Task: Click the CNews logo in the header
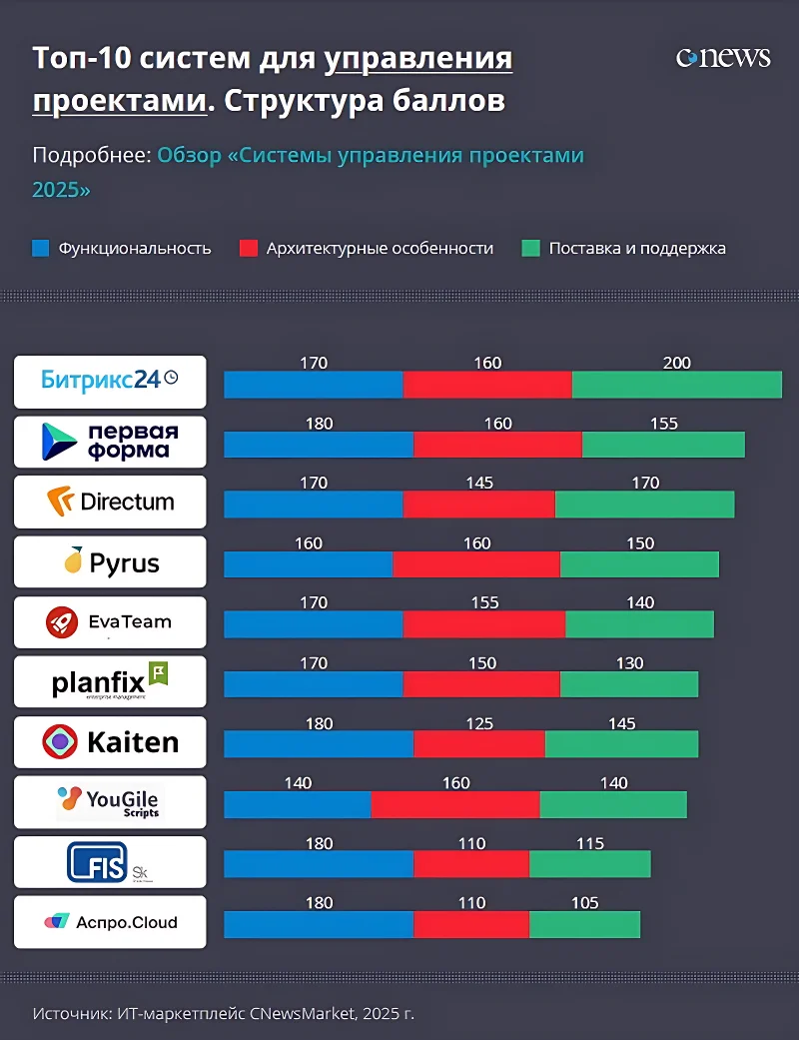tap(723, 58)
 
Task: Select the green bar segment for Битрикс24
tap(676, 385)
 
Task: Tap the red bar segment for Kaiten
tap(479, 744)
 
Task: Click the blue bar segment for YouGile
tap(297, 804)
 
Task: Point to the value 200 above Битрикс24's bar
tap(676, 364)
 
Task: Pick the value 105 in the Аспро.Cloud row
tap(584, 903)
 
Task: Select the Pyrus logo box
tap(110, 562)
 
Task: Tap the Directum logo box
tap(110, 502)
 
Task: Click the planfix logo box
tap(110, 682)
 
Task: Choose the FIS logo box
tap(110, 862)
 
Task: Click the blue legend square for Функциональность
tap(40, 249)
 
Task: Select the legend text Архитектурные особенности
tap(380, 249)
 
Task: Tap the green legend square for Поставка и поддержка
tap(530, 249)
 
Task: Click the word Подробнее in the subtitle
tap(91, 156)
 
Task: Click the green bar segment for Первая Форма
tap(663, 445)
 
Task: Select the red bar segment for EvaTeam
tap(483, 624)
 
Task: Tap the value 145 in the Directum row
tap(479, 484)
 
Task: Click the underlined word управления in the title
tap(418, 59)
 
